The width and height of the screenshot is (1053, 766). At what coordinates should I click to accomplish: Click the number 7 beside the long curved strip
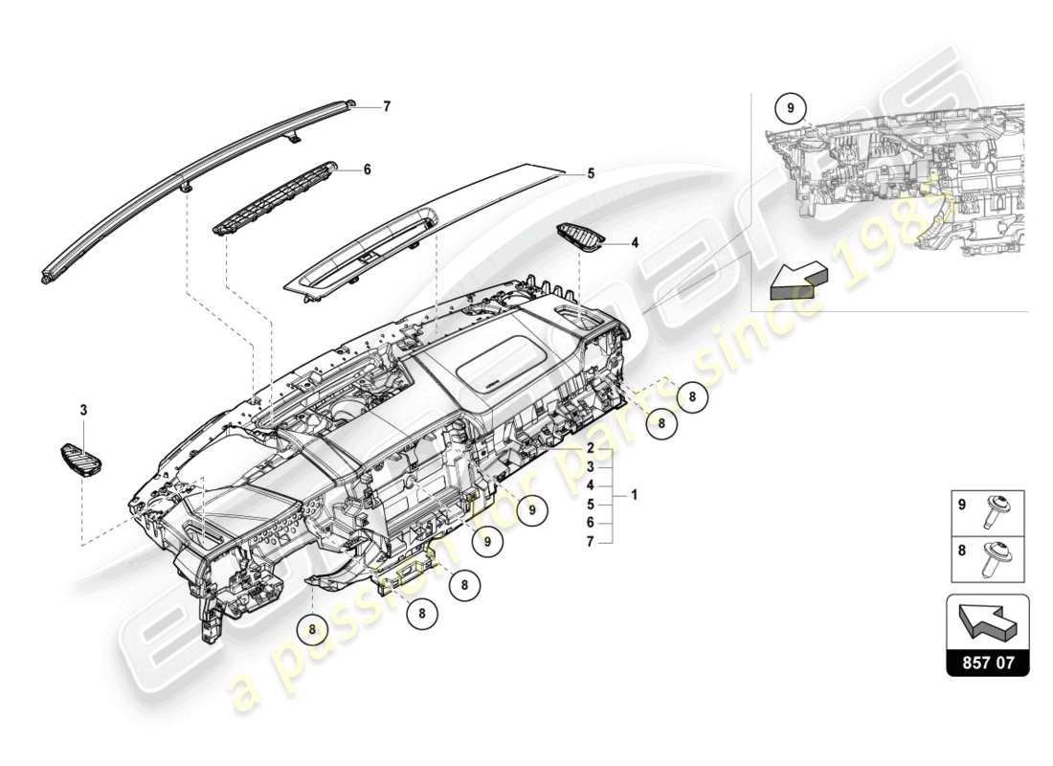(387, 107)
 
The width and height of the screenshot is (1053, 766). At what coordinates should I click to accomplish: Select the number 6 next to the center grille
(367, 169)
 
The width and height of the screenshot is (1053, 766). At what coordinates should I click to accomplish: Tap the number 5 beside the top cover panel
(591, 173)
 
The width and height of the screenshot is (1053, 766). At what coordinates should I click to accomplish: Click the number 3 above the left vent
(83, 410)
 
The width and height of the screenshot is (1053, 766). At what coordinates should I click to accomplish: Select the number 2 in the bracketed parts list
(592, 448)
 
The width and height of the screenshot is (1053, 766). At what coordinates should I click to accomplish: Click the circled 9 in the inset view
(791, 109)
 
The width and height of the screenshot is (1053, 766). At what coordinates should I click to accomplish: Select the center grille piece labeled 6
(275, 196)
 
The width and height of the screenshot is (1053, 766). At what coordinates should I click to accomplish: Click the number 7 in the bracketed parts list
(592, 542)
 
